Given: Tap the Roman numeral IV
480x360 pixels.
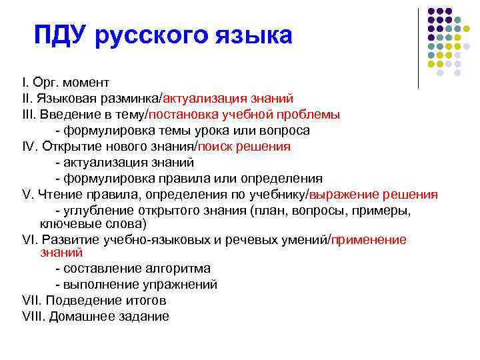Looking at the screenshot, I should [x=29, y=146].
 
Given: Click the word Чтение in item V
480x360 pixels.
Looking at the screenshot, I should [x=57, y=194].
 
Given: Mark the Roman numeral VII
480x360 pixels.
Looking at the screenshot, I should [x=31, y=301].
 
